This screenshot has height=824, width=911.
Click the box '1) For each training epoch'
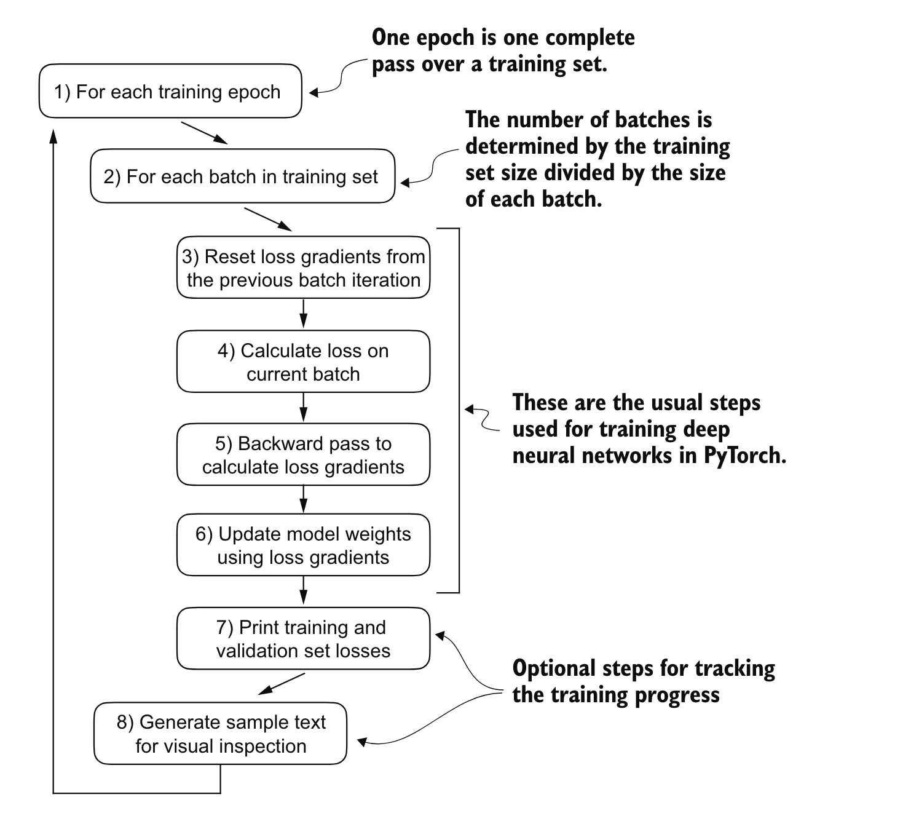point(170,91)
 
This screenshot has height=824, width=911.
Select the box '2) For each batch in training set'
point(242,176)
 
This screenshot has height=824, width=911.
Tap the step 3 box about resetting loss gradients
point(303,268)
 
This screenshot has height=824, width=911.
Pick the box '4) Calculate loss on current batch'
point(303,362)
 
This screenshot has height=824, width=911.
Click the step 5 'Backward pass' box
point(303,455)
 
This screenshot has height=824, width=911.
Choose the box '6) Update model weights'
point(303,545)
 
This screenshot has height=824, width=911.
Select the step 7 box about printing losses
point(303,639)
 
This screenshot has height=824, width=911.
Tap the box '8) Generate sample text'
point(220,734)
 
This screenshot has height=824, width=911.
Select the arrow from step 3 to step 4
point(303,314)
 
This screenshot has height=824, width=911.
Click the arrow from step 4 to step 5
point(303,408)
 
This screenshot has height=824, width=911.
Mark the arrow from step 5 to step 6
point(303,499)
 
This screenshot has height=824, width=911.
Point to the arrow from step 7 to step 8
point(282,684)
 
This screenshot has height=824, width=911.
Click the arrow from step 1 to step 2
point(205,133)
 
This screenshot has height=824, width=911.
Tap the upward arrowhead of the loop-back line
point(53,137)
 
